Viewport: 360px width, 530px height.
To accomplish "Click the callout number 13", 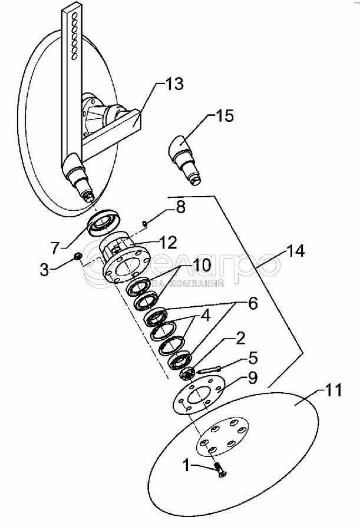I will point(173,84).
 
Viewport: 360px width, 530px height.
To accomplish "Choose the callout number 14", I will point(296,251).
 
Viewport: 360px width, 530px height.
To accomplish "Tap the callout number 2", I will point(240,339).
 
